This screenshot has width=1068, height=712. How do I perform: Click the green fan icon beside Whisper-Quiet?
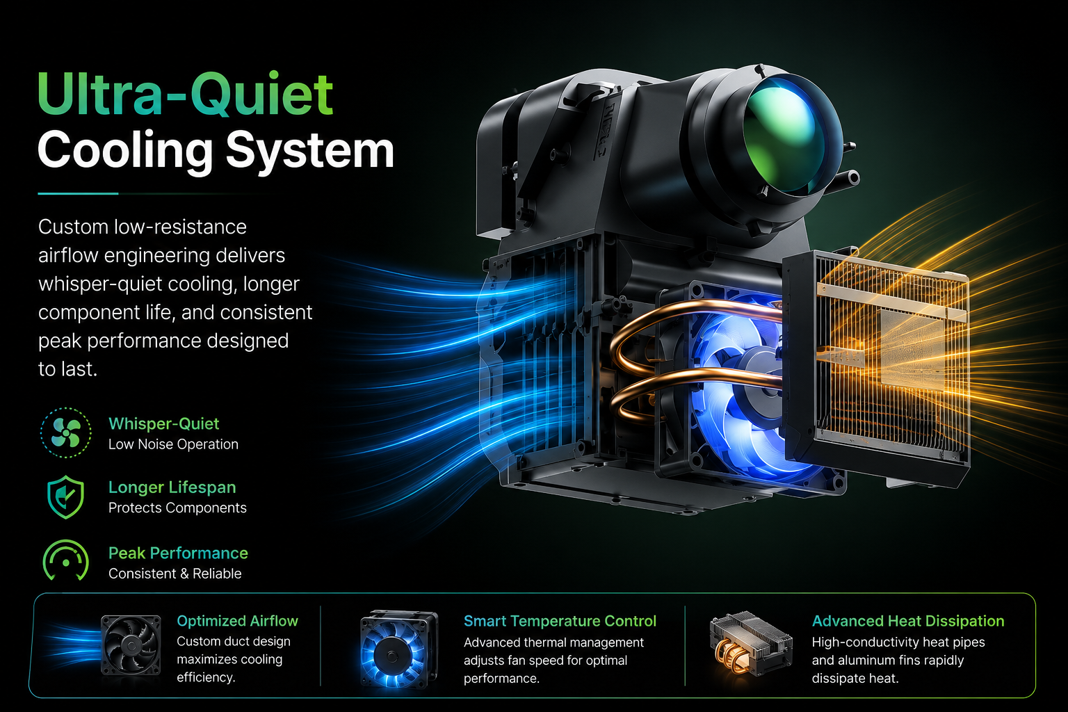(x=66, y=432)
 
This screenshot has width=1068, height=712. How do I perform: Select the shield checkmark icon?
(x=66, y=496)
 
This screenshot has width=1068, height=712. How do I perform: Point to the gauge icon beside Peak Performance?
(x=66, y=560)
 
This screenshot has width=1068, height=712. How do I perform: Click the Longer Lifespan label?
(x=172, y=487)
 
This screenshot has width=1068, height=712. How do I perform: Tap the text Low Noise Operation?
(x=173, y=444)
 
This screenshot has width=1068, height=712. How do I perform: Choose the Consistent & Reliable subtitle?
(x=175, y=573)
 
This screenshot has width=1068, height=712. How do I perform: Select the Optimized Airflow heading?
(x=237, y=620)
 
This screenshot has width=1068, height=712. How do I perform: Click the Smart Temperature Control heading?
(x=560, y=620)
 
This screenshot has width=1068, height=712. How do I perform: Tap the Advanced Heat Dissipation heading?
(x=908, y=620)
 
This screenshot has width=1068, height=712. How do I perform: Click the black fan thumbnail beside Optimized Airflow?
(x=131, y=645)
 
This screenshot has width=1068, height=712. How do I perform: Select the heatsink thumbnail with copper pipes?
(x=750, y=643)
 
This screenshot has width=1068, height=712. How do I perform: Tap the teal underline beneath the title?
(x=78, y=193)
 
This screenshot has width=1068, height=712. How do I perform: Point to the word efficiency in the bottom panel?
(x=206, y=677)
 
